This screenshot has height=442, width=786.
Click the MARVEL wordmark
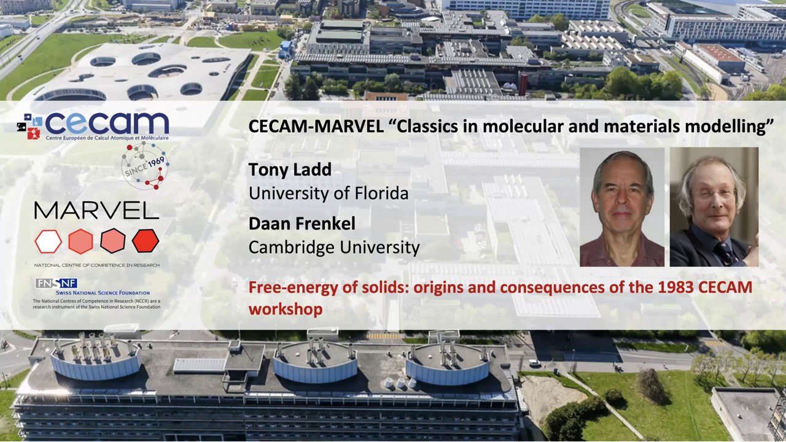pyautogui.click(x=96, y=211)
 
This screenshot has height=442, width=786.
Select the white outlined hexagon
pyautogui.click(x=48, y=241)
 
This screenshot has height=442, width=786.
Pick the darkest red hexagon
pyautogui.click(x=146, y=241)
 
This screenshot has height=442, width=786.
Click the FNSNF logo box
pyautogui.click(x=56, y=283)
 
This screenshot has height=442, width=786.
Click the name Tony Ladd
pyautogui.click(x=290, y=169)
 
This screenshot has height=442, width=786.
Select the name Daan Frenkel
pyautogui.click(x=302, y=223)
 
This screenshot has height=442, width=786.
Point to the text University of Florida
pyautogui.click(x=328, y=193)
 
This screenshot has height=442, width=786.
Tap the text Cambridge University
pyautogui.click(x=333, y=247)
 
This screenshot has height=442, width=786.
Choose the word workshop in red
pyautogui.click(x=285, y=309)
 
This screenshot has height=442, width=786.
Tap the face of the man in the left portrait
pyautogui.click(x=622, y=195)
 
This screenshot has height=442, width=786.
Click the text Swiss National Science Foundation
pyautogui.click(x=103, y=293)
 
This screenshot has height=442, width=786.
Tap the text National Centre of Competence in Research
pyautogui.click(x=96, y=265)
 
